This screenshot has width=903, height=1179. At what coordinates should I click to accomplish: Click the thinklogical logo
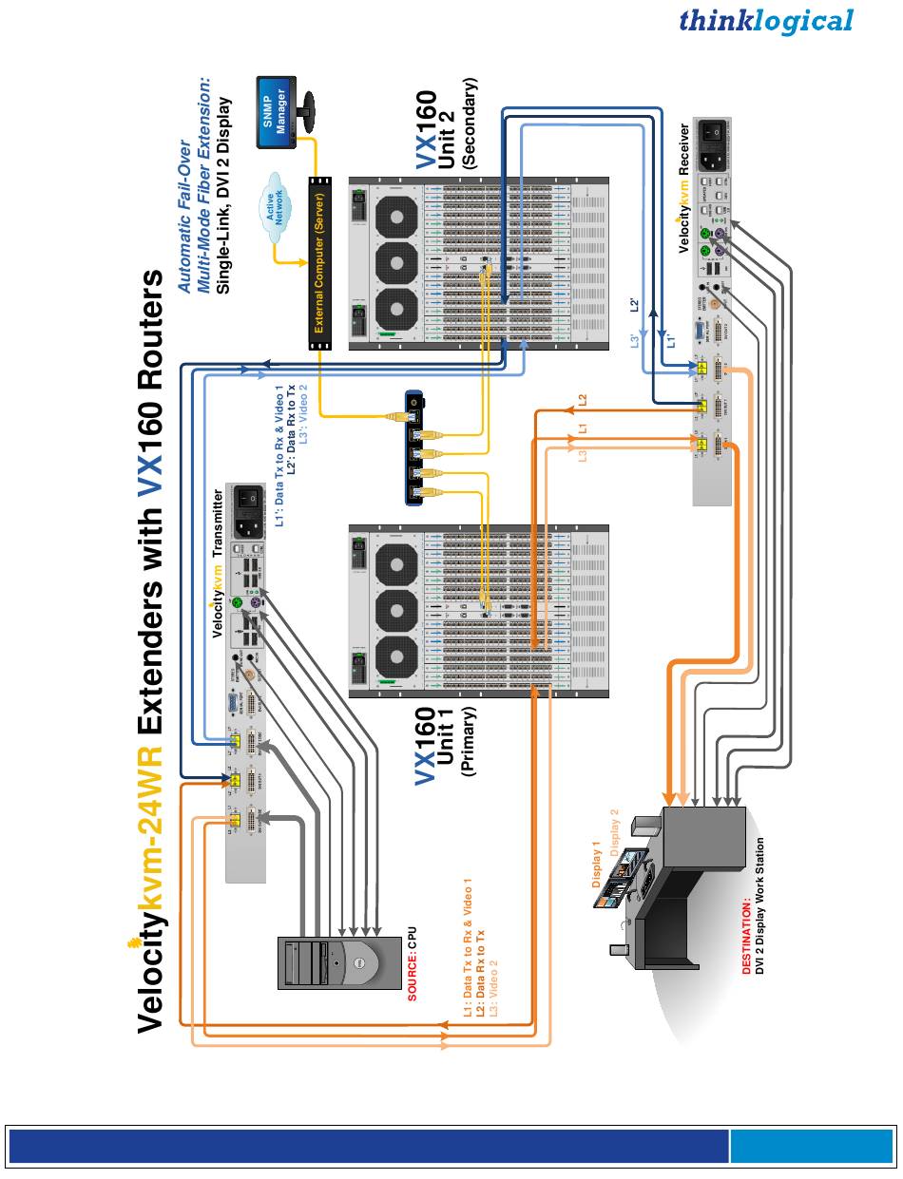[766, 21]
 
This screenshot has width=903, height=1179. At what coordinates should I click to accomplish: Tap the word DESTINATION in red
[747, 937]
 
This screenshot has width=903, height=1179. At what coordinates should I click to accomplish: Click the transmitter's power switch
[250, 497]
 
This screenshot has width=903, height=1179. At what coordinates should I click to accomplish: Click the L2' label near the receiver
[635, 305]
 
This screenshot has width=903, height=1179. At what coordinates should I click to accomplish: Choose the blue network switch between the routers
[414, 446]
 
